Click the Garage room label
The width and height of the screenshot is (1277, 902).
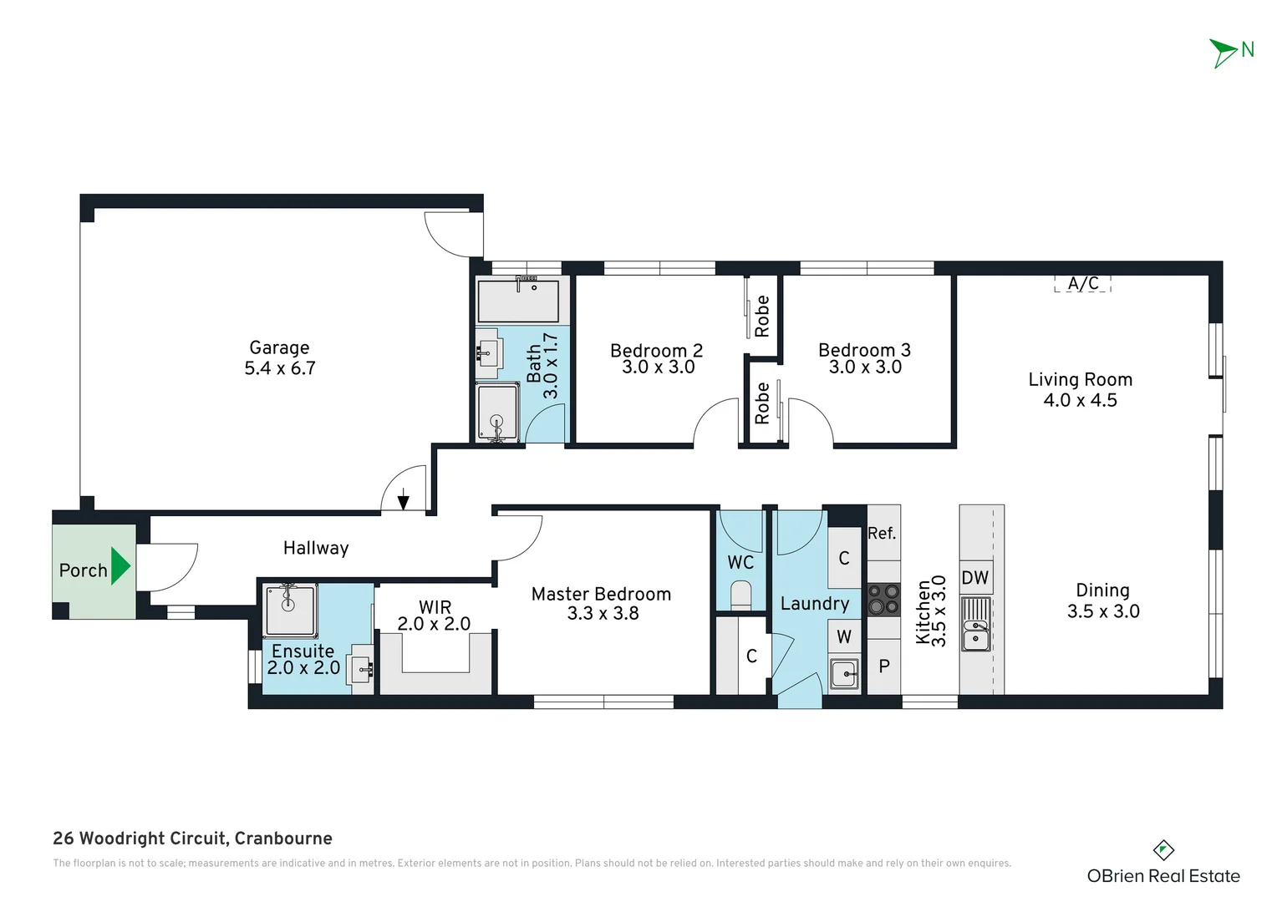coord(279,347)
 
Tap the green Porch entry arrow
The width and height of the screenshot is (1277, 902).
coord(120,565)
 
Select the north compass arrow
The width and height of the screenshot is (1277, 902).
coord(1222,53)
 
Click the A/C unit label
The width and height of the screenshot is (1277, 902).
coord(1082,283)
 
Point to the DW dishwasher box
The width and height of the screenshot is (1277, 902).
coord(975,578)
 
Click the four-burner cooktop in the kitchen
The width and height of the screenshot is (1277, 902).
coord(883,600)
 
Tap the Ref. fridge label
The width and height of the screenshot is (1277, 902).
coord(882,534)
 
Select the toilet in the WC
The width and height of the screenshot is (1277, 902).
coord(741,594)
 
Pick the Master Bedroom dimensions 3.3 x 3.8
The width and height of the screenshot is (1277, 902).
coord(603,614)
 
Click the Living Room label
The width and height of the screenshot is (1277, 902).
coord(1081,379)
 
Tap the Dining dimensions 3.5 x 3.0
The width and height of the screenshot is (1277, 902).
coord(1103,611)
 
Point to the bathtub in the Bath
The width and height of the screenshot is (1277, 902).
coord(518,301)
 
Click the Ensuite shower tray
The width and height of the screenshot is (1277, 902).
coord(290,611)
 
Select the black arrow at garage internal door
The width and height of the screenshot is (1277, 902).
coord(403,499)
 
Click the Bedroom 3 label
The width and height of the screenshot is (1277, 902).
coord(864,350)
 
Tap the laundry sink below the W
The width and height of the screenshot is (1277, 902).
coord(844,674)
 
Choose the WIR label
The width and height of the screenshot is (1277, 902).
coord(435,607)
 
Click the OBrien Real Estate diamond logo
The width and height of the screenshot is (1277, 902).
coord(1163,850)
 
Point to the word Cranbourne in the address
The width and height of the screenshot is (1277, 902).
coord(283,839)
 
